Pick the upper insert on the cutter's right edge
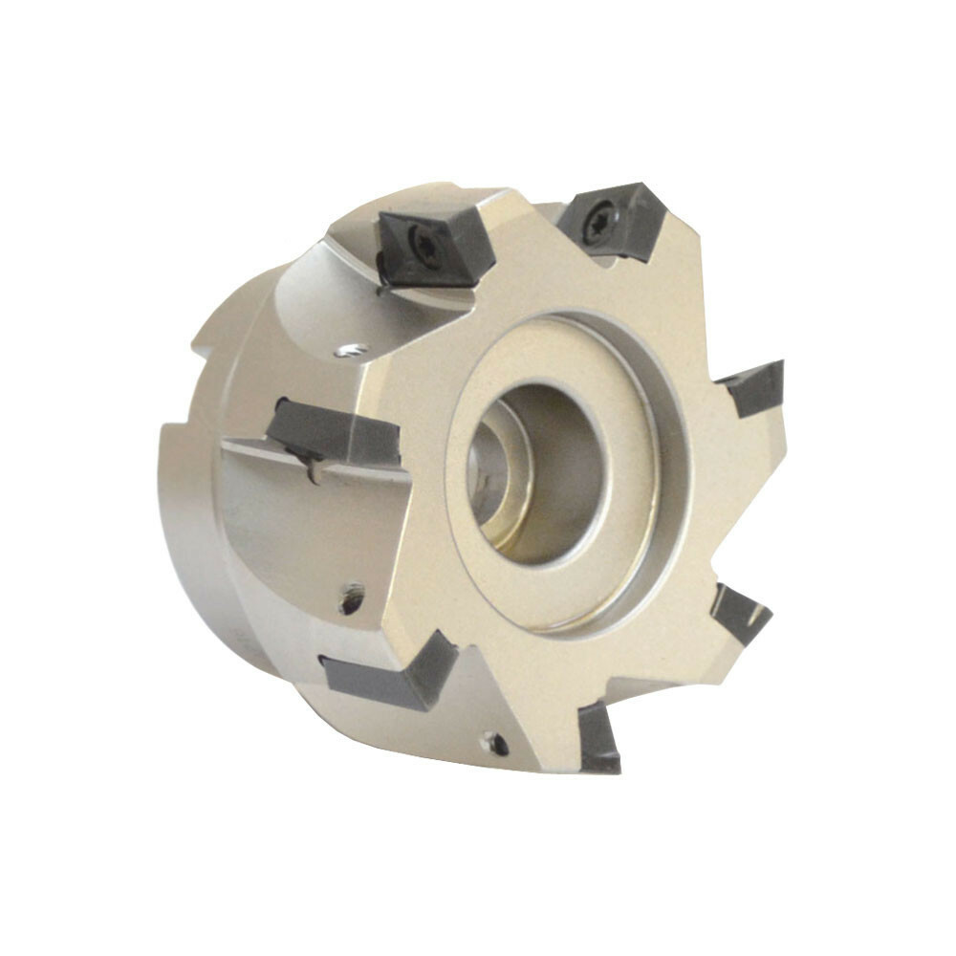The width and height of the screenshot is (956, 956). [755, 388]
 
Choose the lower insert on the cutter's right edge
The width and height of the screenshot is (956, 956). [740, 613]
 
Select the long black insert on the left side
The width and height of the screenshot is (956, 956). [335, 435]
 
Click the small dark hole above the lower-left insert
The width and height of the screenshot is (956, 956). [352, 599]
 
